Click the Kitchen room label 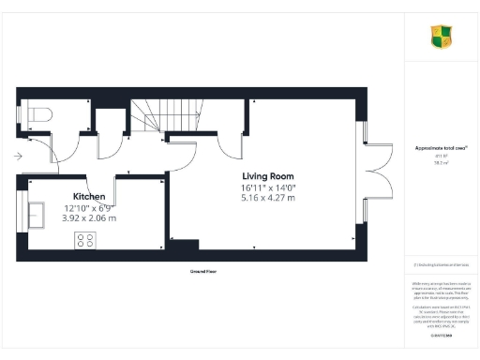(83, 196)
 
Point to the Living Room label (268, 176)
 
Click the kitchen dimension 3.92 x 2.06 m (90, 217)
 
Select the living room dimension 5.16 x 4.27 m (269, 198)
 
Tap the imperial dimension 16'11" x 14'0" (269, 187)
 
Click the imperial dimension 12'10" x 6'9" (88, 207)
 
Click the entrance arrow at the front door (21, 158)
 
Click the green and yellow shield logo (442, 37)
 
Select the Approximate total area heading (441, 147)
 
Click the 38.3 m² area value (441, 162)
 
